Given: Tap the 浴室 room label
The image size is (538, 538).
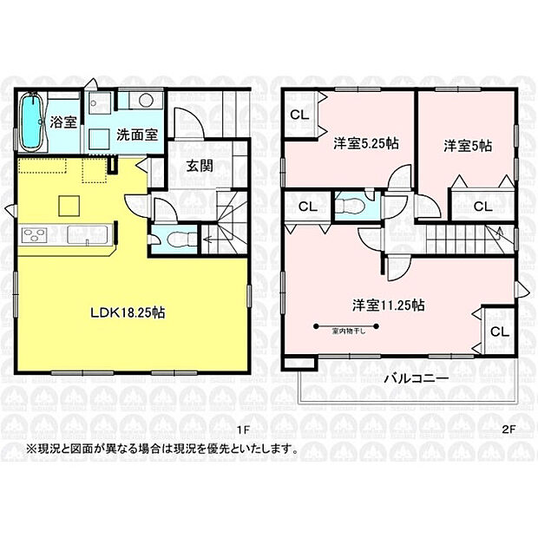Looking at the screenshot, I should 63,122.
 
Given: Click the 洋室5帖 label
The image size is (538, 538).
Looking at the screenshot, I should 468,145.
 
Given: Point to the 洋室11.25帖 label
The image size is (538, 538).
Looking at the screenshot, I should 388,305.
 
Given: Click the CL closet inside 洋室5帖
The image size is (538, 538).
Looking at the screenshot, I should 483,207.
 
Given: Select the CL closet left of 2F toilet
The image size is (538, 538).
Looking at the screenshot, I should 306,207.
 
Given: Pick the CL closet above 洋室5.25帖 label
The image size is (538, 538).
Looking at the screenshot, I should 299,114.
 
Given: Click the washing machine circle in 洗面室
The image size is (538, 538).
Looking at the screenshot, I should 147,100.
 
